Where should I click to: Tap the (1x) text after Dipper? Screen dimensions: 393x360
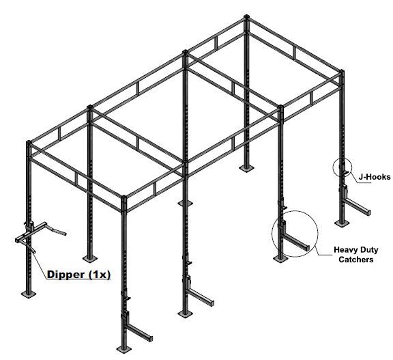(99, 274)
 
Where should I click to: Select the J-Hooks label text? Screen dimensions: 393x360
(375, 177)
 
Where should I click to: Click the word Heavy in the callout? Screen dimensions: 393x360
(345, 250)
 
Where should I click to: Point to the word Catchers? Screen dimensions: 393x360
(356, 260)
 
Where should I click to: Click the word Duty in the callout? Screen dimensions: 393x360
(368, 250)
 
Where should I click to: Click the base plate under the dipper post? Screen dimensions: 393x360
(29, 294)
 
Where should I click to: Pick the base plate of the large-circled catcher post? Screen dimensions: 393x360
(280, 259)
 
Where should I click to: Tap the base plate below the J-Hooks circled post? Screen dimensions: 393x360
(341, 223)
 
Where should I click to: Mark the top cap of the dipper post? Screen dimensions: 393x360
(29, 142)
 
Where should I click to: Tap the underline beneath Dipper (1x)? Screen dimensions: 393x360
(78, 279)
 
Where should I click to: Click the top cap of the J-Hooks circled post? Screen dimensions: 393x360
(341, 71)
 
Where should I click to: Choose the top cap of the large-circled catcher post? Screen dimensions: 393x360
(280, 107)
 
